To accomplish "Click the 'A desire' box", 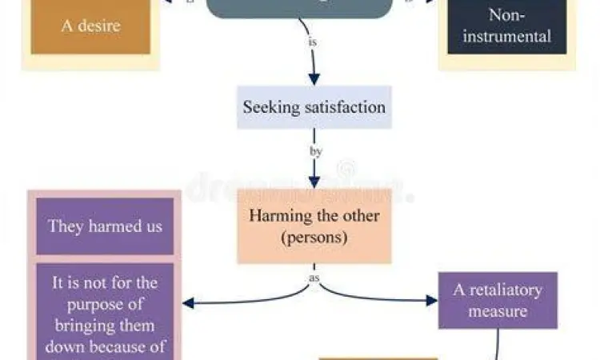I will pos(90,26).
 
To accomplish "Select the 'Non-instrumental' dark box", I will pos(507,26).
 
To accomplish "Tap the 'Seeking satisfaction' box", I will pos(314,107).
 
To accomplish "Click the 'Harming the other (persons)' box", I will pos(314,226).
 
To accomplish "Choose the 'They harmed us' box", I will pos(104,226).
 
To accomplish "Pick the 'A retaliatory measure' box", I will pos(497,300).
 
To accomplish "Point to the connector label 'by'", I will pos(314,150).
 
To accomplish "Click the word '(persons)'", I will pos(314,237).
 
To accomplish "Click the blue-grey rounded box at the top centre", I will pos(300,8).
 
